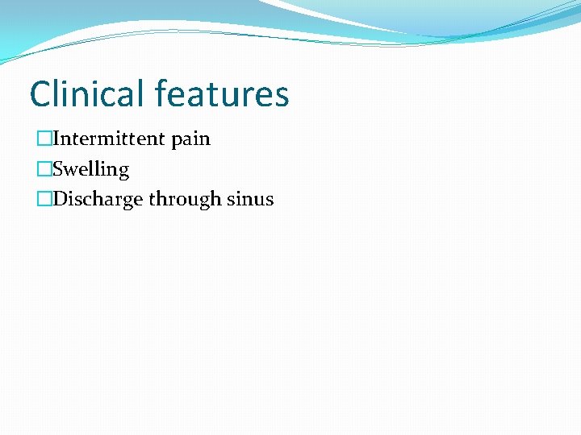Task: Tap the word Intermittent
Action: point(108,139)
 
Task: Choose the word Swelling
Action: point(90,169)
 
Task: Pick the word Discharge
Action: point(98,199)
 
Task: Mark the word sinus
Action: point(250,199)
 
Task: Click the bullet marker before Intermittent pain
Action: point(44,139)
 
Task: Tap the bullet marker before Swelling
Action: point(44,169)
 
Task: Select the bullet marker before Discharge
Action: point(44,199)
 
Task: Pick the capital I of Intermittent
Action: point(56,139)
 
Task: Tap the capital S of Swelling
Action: point(57,169)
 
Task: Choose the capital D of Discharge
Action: point(60,199)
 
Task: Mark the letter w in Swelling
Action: point(71,170)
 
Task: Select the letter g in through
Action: point(205,201)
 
